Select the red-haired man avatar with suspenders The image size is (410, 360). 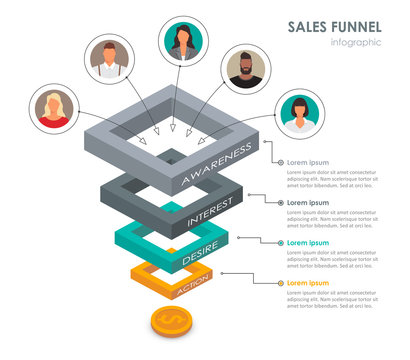pyautogui.click(x=109, y=58)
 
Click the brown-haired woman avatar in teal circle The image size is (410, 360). pyautogui.click(x=182, y=41)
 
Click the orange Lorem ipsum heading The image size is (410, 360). pyautogui.click(x=308, y=283)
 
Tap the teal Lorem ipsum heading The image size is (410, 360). pyautogui.click(x=308, y=243)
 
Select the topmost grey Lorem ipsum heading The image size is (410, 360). pyautogui.click(x=308, y=162)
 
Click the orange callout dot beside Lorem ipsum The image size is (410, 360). pyautogui.click(x=281, y=283)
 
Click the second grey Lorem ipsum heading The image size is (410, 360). pyautogui.click(x=308, y=203)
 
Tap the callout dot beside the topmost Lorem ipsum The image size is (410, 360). pyautogui.click(x=281, y=162)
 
